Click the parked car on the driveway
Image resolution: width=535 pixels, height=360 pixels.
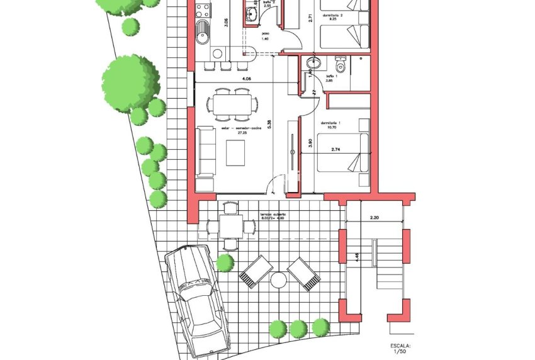tap(196, 298)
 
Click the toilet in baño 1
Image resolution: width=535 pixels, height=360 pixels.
tap(341, 65)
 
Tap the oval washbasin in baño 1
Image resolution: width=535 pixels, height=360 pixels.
tap(313, 63)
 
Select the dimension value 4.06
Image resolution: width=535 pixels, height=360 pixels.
tap(247, 79)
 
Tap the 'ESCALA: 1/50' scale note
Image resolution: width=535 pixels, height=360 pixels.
tap(400, 349)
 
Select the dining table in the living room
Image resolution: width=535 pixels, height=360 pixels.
tap(235, 103)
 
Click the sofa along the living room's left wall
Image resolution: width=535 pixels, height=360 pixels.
tap(206, 151)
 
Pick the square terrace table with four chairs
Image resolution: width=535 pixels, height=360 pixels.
tap(231, 225)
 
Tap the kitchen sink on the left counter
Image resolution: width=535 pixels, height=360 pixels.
tap(203, 31)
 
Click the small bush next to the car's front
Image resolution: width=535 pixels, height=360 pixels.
tap(225, 262)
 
